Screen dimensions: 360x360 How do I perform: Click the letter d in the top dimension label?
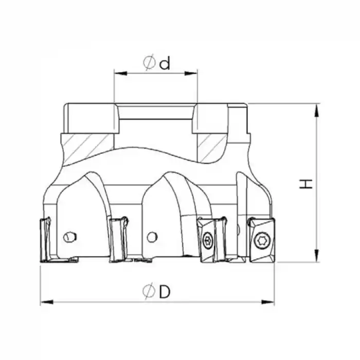[x=165, y=63]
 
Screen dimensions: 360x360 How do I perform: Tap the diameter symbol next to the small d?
[x=149, y=63]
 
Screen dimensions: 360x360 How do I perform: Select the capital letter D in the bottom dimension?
[x=165, y=292]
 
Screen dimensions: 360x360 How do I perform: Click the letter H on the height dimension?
[x=307, y=184]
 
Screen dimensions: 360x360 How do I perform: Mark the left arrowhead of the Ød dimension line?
[x=118, y=74]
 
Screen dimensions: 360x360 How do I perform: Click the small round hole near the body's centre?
[x=151, y=237]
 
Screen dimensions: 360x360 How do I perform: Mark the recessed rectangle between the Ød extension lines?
[x=156, y=119]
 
